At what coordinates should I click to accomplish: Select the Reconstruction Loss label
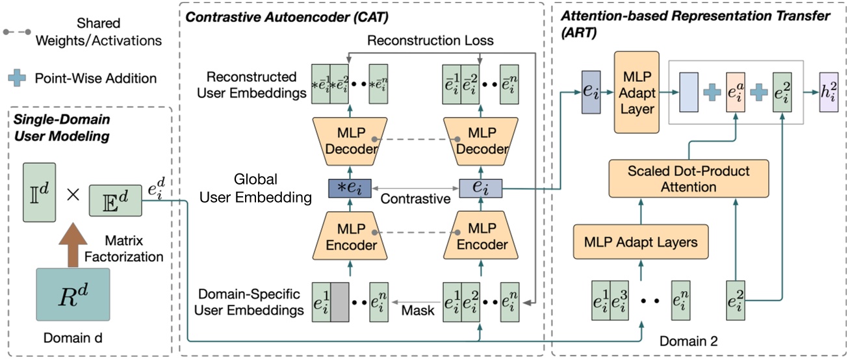click(430, 40)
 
